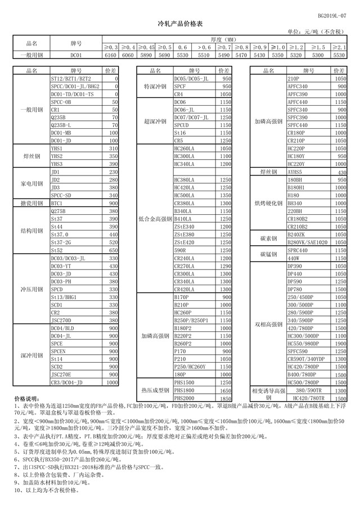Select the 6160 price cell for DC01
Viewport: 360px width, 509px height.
coord(110,55)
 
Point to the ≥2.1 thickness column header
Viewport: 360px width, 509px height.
coord(339,47)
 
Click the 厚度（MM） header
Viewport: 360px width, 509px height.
coord(224,40)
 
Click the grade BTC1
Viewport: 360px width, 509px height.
coord(57,202)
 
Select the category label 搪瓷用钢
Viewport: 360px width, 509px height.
coord(31,202)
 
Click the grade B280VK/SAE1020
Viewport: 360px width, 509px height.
coord(307,242)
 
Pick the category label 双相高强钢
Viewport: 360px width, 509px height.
coord(268,324)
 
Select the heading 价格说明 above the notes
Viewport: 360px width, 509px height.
coord(26,398)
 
